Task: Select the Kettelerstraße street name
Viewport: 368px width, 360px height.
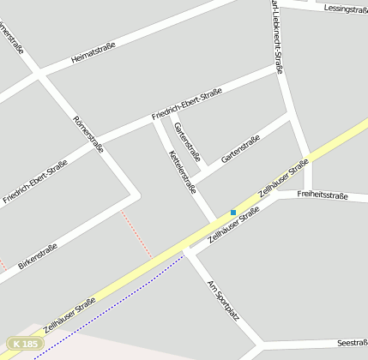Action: click(183, 171)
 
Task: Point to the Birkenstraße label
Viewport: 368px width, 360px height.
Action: click(38, 255)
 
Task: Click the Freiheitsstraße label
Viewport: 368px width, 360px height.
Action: click(322, 196)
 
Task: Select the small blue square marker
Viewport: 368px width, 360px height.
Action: click(232, 213)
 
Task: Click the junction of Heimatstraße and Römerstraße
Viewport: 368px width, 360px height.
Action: click(38, 76)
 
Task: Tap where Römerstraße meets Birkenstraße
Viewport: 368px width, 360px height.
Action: click(130, 194)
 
